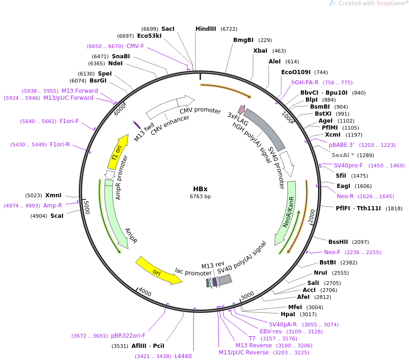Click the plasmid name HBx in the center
tap(201, 189)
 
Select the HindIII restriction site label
tap(206, 29)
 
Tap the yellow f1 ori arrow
tap(118, 152)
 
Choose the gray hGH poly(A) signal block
tap(264, 129)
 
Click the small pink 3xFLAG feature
tap(242, 110)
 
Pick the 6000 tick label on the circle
tap(120, 109)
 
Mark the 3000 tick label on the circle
tap(247, 296)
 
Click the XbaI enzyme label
tap(260, 51)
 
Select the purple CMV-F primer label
tap(135, 46)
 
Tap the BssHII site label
tap(338, 242)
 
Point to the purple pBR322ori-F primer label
tap(128, 336)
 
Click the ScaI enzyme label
tap(57, 216)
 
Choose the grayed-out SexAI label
tap(343, 155)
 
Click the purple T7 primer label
tap(252, 339)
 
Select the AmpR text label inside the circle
tap(131, 236)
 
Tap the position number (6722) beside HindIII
tap(229, 29)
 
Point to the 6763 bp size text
tap(201, 196)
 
